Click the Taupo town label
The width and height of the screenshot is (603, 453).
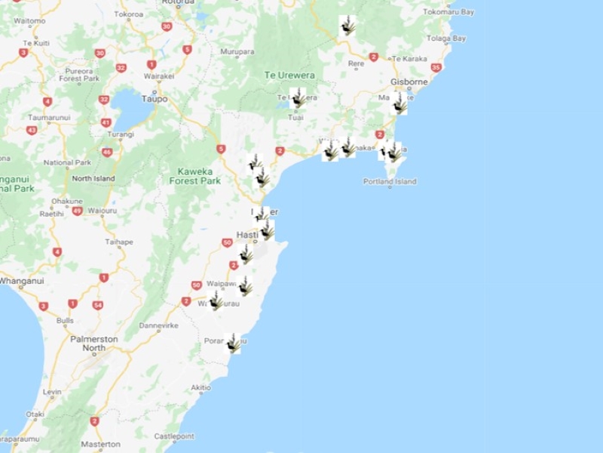click(155, 99)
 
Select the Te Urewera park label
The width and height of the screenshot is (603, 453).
click(289, 75)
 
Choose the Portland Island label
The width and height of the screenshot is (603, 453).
click(389, 182)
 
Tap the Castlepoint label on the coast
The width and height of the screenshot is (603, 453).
click(174, 437)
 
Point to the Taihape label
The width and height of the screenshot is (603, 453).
click(118, 242)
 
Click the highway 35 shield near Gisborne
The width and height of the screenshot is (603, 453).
click(436, 67)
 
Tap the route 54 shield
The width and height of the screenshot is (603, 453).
click(97, 305)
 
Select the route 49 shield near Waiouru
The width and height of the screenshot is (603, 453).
click(77, 211)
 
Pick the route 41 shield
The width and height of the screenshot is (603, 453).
click(106, 122)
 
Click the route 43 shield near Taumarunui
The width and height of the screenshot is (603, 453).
click(32, 130)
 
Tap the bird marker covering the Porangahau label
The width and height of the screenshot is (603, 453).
click(233, 344)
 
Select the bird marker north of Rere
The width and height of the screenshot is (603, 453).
click(347, 26)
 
